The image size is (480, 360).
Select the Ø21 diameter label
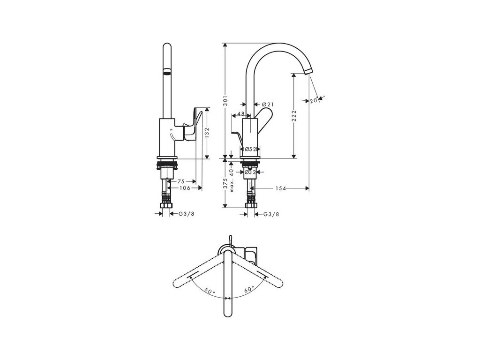click(268, 104)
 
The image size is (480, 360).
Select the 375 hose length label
click(225, 184)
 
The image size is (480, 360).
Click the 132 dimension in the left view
click(207, 133)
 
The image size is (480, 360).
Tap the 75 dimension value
click(181, 181)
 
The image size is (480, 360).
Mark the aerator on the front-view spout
click(166, 73)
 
